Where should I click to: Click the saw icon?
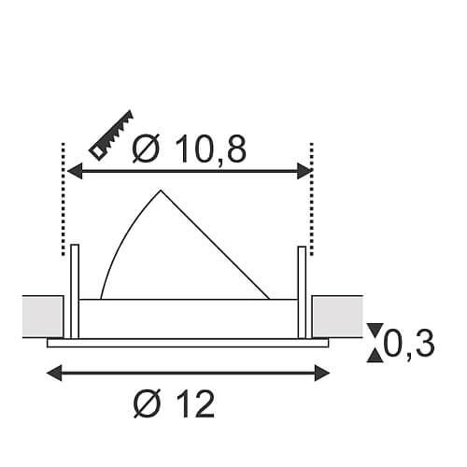[x=111, y=135]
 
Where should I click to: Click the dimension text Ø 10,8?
[x=190, y=149]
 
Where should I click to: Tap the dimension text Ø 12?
[x=174, y=403]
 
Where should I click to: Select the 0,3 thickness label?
[x=409, y=343]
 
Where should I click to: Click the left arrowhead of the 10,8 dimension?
[x=75, y=171]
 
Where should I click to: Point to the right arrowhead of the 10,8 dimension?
[x=304, y=171]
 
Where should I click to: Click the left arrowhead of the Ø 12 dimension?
[x=54, y=373]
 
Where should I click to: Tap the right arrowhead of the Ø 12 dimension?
[x=322, y=373]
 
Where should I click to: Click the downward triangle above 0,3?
[x=375, y=329]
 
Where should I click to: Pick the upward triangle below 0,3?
[x=375, y=357]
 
